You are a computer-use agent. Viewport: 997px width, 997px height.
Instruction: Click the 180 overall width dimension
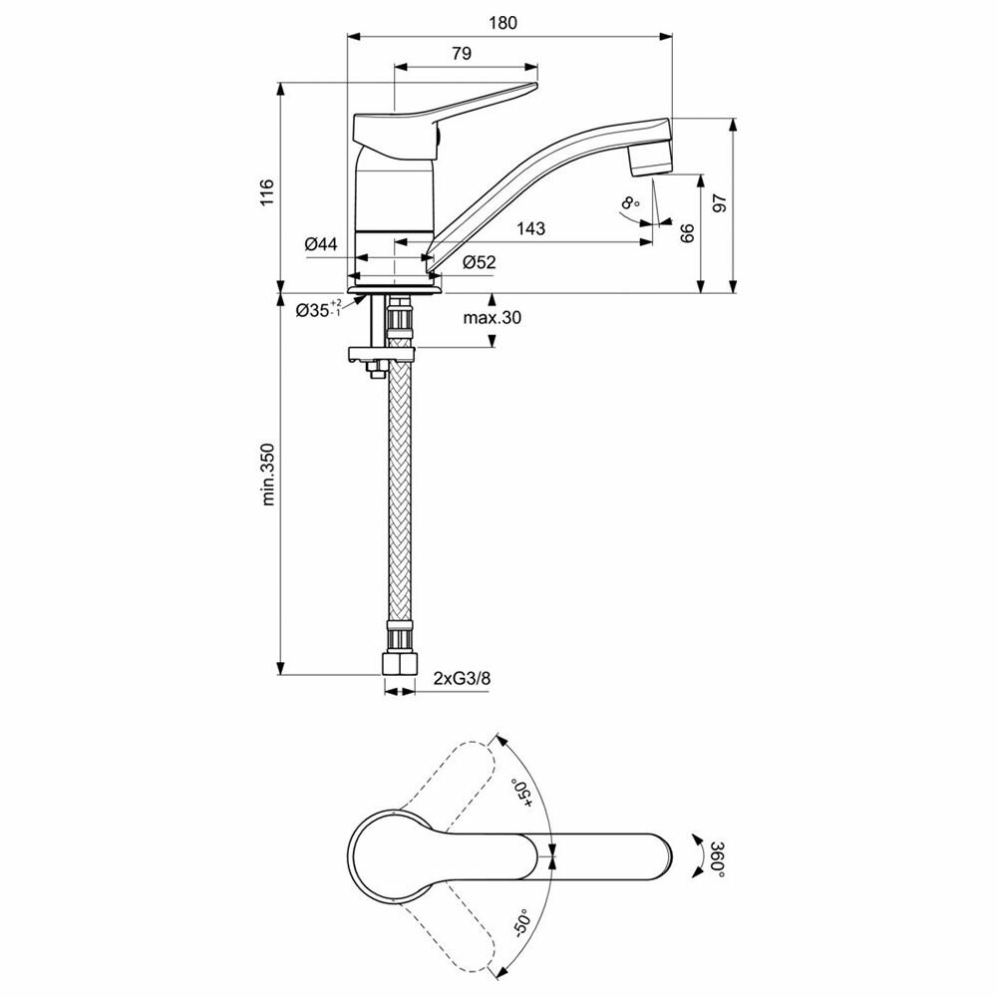[502, 23]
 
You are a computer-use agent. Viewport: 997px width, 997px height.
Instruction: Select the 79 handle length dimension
[463, 54]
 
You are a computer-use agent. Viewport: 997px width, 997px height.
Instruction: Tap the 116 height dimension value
[266, 192]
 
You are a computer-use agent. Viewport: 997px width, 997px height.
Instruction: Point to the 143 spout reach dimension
[531, 228]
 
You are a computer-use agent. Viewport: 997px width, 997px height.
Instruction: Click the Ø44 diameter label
[321, 243]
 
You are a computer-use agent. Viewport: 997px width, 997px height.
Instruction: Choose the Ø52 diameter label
[479, 262]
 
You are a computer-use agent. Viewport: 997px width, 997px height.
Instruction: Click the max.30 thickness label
[492, 317]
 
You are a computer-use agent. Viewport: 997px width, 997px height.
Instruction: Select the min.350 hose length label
[267, 475]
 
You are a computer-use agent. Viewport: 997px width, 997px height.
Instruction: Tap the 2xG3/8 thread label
[463, 678]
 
